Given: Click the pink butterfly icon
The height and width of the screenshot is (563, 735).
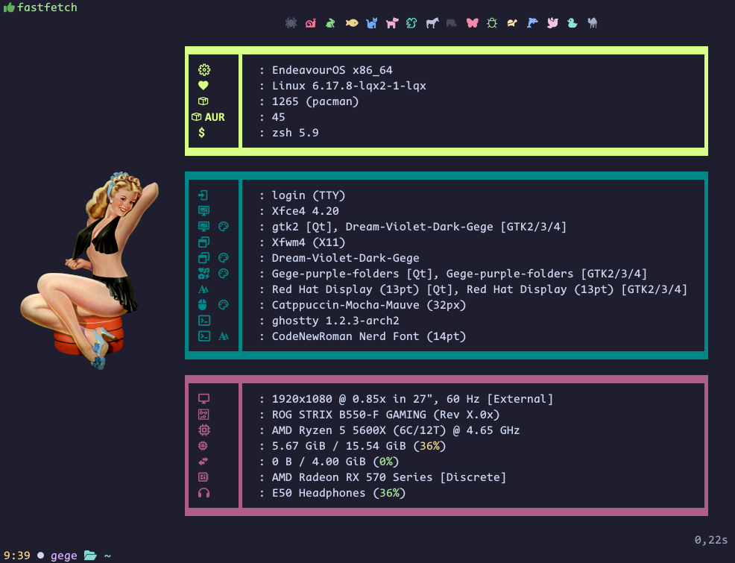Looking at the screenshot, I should coord(472,23).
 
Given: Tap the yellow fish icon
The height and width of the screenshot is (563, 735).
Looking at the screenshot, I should coord(352,23).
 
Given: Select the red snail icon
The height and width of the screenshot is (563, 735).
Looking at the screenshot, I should coord(311,23).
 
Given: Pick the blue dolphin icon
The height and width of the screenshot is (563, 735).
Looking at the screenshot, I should coord(532,23).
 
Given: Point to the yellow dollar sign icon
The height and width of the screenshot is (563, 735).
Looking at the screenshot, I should coord(202,133).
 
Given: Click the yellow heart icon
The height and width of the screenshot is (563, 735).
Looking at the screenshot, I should coord(203,86).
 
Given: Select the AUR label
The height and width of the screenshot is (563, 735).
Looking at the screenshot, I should coord(215,117).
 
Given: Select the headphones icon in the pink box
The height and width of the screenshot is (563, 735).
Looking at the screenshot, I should coord(204,493).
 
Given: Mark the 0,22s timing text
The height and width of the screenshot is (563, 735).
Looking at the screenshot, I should coord(710,539).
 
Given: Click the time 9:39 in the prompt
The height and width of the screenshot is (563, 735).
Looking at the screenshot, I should coord(16,556).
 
